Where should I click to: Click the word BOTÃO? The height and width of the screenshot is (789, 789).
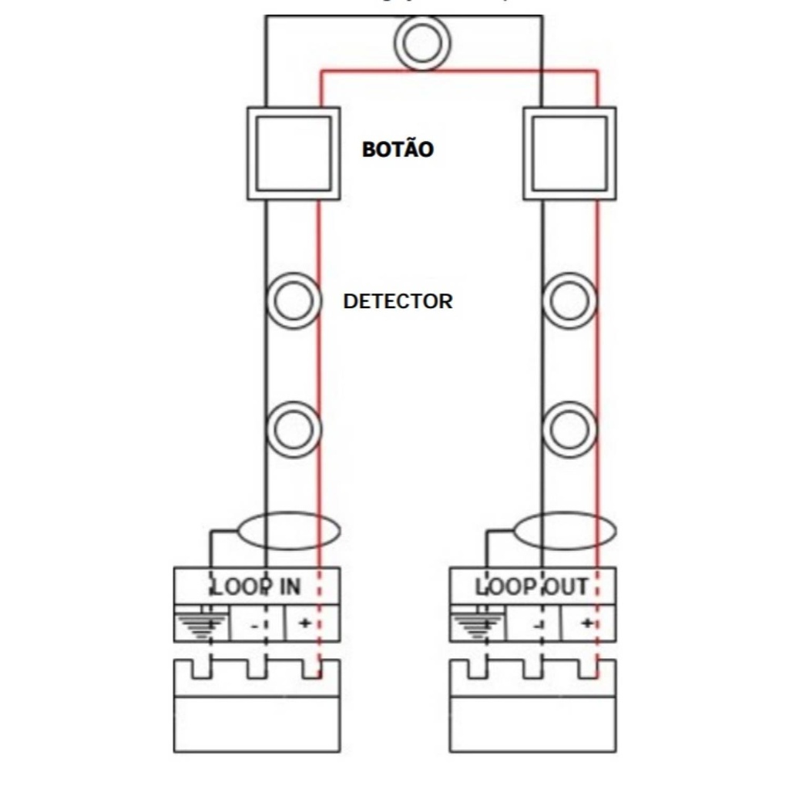[x=398, y=149]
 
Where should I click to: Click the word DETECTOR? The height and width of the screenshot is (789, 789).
[x=398, y=300]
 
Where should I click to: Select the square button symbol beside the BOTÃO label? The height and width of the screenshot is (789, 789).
[x=293, y=153]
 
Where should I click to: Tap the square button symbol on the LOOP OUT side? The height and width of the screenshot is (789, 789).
[x=569, y=153]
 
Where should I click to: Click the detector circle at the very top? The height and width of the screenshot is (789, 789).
[x=421, y=42]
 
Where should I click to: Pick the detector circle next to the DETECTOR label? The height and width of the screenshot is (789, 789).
[x=293, y=300]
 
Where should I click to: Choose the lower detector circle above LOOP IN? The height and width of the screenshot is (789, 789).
[x=293, y=426]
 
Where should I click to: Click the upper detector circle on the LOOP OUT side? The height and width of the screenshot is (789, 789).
[x=569, y=300]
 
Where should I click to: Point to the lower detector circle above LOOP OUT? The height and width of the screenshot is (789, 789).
[x=569, y=426]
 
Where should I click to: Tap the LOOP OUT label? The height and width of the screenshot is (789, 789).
[x=532, y=587]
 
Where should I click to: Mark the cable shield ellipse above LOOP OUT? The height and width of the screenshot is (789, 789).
[x=564, y=531]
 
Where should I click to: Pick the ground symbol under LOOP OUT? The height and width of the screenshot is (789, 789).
[x=476, y=624]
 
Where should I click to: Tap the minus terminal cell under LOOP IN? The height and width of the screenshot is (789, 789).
[x=256, y=623]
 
